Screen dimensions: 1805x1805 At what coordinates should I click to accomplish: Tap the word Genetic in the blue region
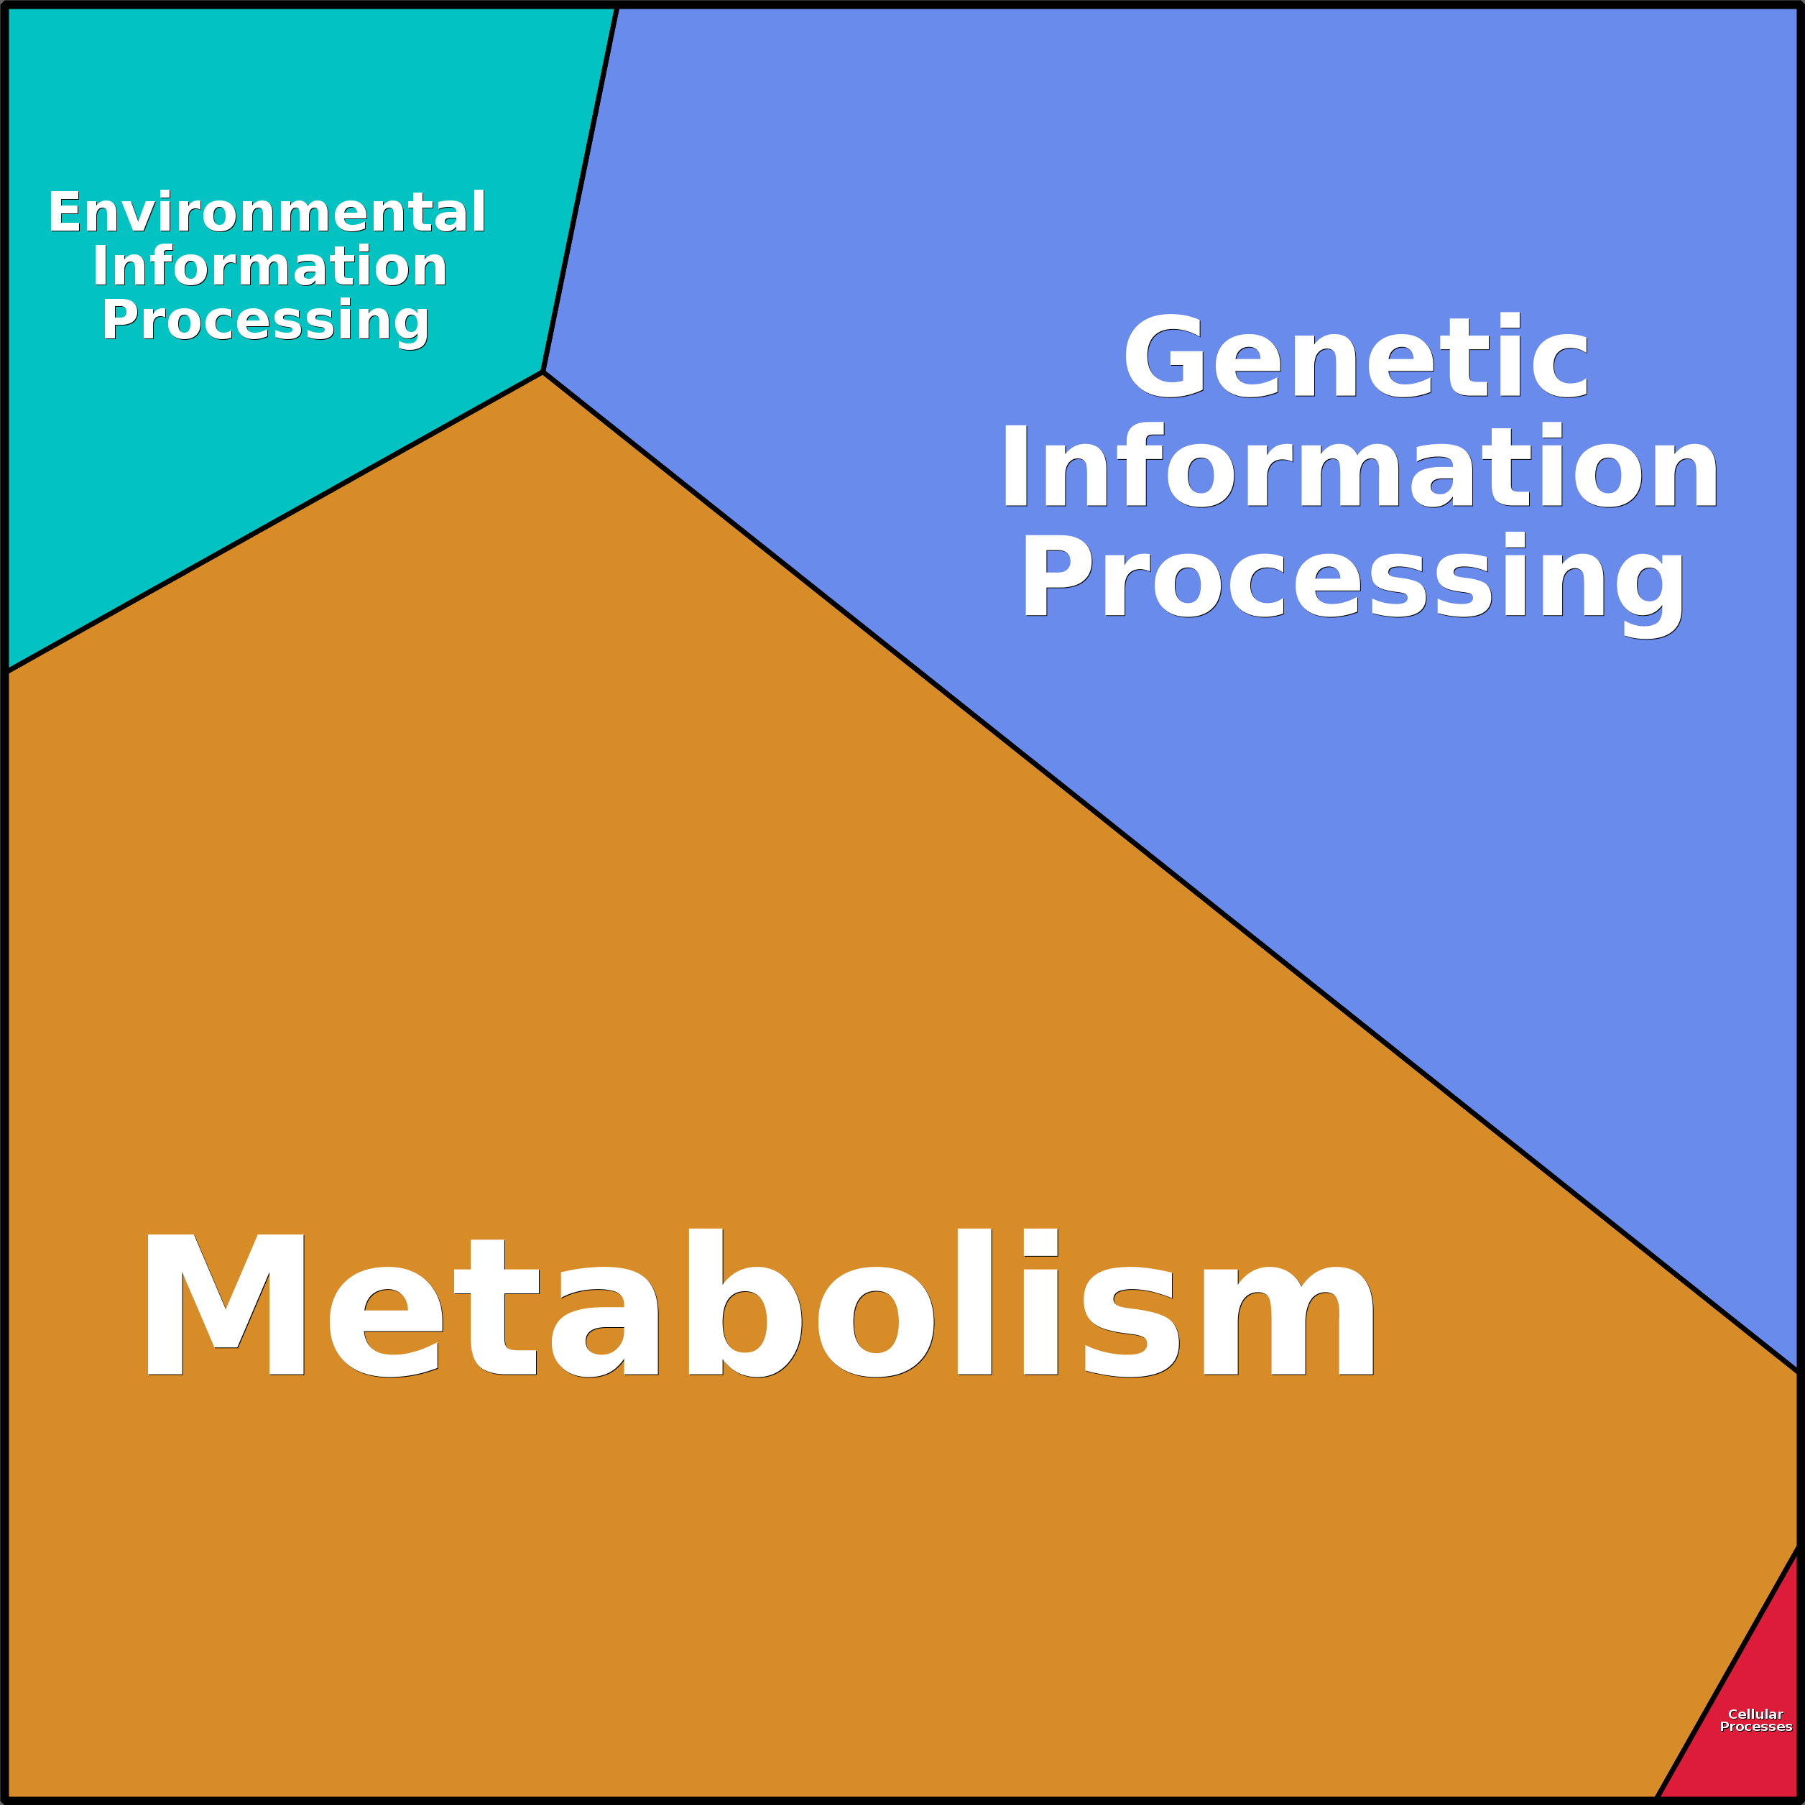point(1356,356)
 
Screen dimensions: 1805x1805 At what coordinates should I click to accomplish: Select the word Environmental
point(267,212)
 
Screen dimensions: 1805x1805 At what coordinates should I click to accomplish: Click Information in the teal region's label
point(270,267)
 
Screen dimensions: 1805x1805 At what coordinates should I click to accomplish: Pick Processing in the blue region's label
point(1354,585)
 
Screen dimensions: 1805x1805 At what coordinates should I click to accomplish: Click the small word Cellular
point(1755,1714)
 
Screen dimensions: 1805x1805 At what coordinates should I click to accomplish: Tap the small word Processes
point(1755,1727)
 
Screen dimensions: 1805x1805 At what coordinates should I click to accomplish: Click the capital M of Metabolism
point(225,1304)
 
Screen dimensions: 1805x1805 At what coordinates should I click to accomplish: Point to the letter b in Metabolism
point(744,1302)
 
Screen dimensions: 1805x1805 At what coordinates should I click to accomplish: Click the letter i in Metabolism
point(1040,1301)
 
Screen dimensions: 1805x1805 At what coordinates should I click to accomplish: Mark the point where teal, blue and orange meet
point(543,371)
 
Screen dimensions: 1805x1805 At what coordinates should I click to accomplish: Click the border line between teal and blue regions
point(580,189)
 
